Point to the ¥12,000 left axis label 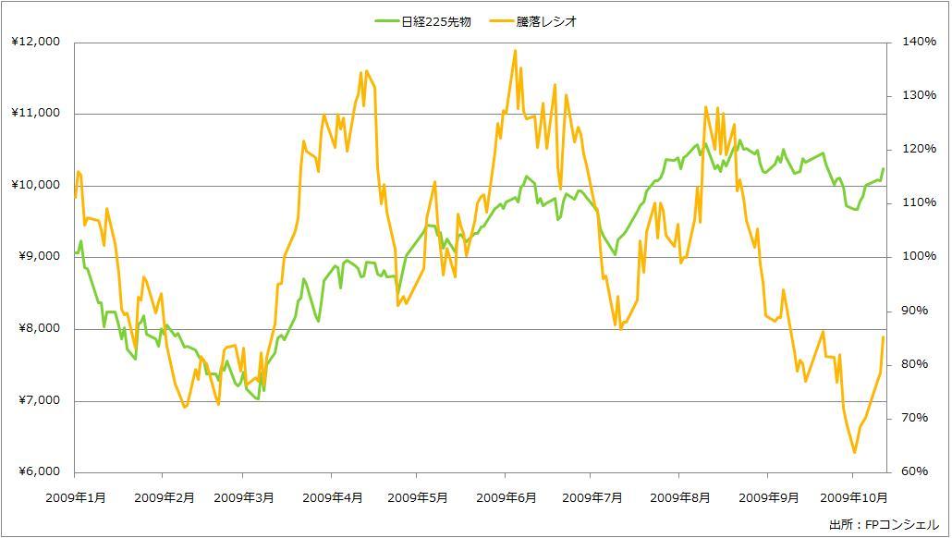37,42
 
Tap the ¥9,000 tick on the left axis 37,257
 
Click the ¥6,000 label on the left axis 37,472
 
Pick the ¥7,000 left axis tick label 37,401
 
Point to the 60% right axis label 912,472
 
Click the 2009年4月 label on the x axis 333,497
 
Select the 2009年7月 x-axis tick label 592,497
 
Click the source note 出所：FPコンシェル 884,524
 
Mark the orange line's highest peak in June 515,50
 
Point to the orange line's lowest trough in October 854,453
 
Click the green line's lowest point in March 257,399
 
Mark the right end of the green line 884,168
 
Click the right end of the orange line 884,336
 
